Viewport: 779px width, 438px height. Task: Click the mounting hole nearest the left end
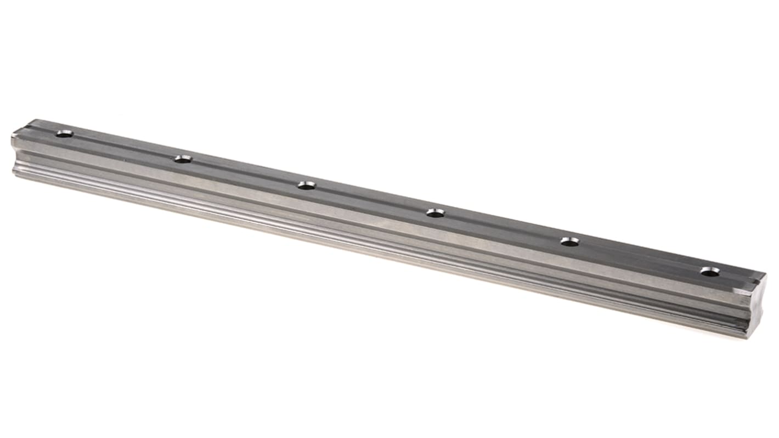click(65, 133)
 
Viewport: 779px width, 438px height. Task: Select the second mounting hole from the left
click(183, 159)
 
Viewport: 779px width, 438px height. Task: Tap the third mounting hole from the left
click(307, 186)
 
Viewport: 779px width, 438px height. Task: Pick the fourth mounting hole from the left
click(436, 212)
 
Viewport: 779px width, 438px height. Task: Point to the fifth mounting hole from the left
click(571, 241)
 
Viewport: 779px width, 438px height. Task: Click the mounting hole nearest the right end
click(710, 271)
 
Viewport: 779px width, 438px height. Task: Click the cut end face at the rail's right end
click(755, 307)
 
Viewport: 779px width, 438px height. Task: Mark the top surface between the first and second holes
click(123, 147)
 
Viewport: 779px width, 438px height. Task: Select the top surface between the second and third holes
click(245, 172)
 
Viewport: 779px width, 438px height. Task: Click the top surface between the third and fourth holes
click(371, 199)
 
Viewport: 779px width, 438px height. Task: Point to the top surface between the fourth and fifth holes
click(503, 227)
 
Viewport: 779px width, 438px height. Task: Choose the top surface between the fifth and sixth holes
click(640, 256)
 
